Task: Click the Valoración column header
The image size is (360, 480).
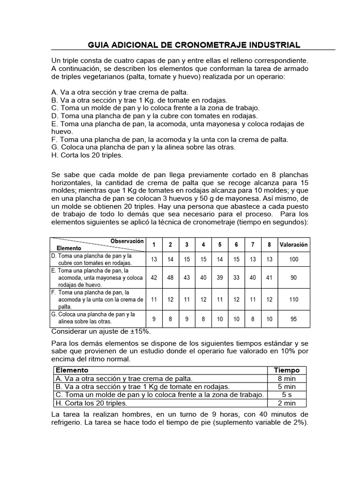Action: pyautogui.click(x=293, y=244)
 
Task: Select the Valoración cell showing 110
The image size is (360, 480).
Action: pyautogui.click(x=293, y=299)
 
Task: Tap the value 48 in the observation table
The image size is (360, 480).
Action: pyautogui.click(x=170, y=277)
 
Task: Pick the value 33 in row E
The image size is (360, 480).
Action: pyautogui.click(x=236, y=277)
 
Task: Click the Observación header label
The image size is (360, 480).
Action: pyautogui.click(x=127, y=241)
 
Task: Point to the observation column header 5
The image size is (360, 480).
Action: pyautogui.click(x=220, y=244)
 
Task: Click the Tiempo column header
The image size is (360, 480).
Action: pyautogui.click(x=286, y=370)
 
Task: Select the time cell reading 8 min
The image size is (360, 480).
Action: pyautogui.click(x=286, y=378)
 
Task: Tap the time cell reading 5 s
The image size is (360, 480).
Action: pyautogui.click(x=286, y=395)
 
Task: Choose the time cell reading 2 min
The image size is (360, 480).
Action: pyautogui.click(x=286, y=403)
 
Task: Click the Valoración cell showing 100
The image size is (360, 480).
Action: pyautogui.click(x=293, y=259)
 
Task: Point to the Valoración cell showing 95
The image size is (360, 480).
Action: pyautogui.click(x=293, y=319)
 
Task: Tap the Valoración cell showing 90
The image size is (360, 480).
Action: pyautogui.click(x=293, y=277)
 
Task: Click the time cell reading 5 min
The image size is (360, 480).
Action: pyautogui.click(x=286, y=387)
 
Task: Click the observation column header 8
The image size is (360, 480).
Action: pyautogui.click(x=269, y=244)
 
